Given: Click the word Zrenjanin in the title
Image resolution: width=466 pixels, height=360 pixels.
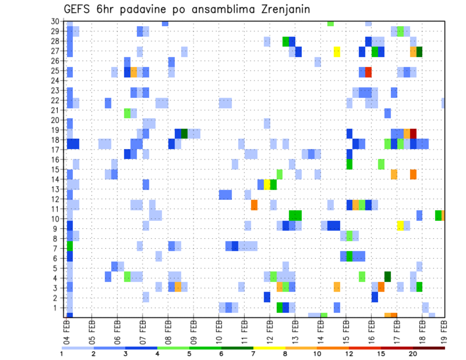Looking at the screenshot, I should click(x=280, y=9).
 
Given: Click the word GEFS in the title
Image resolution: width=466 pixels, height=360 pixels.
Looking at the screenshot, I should click(x=78, y=9).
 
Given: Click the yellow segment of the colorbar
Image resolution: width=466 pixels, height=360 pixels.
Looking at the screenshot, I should click(x=269, y=348).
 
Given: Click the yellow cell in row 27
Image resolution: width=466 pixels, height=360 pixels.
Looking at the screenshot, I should click(x=337, y=51).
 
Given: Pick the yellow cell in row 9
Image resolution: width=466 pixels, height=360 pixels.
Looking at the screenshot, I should click(x=400, y=226).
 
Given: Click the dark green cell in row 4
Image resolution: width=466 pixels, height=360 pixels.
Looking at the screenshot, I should click(x=388, y=277).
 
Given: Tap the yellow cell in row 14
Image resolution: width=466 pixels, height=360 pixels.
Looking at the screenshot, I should click(x=267, y=184).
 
